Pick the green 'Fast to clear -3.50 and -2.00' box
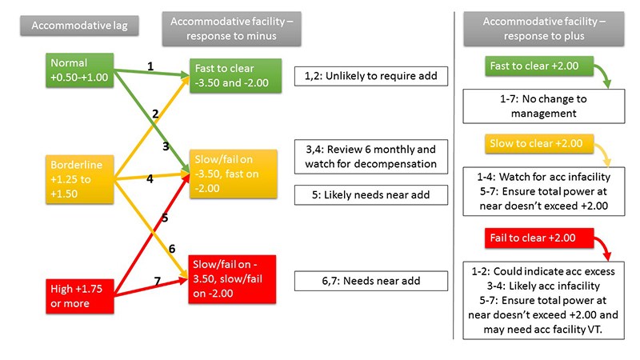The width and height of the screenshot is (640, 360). tap(231, 77)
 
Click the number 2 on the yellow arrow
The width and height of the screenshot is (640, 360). tap(154, 115)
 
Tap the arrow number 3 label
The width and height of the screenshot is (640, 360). tap(165, 146)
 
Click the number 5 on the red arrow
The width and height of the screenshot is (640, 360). tap(165, 217)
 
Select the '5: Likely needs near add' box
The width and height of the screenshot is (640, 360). tap(371, 194)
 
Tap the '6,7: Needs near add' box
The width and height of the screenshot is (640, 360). tap(371, 281)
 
